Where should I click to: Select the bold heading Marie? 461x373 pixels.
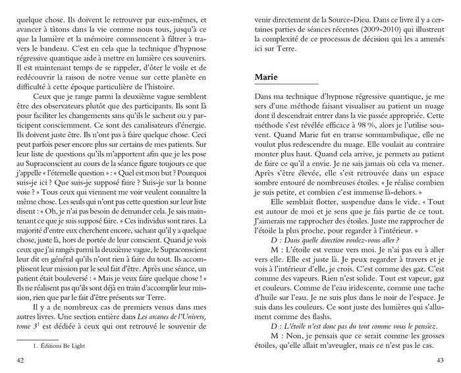[x=266, y=77]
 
